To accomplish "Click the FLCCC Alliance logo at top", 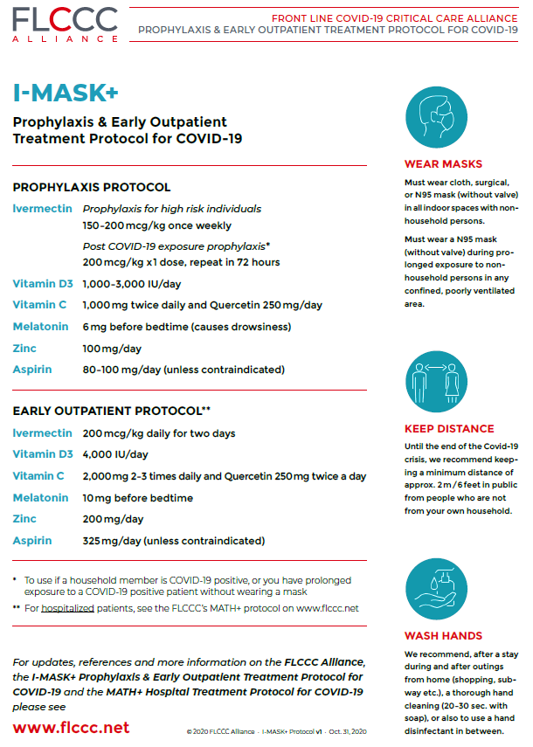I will [66, 25].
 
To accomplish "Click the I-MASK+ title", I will [66, 93].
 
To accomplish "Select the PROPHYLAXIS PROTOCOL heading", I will [92, 187].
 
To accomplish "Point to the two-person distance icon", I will [443, 383].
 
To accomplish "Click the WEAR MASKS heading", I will [443, 164].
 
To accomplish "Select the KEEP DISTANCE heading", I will [448, 429].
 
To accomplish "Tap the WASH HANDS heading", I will [443, 636].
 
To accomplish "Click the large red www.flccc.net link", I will [71, 727].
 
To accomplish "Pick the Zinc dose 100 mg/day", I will [112, 348].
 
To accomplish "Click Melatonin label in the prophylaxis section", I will [40, 327].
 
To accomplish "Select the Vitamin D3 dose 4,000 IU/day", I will [115, 454].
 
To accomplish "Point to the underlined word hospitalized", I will [67, 608].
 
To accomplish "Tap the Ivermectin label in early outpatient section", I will [42, 433].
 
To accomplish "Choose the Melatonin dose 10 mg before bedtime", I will [137, 498].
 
